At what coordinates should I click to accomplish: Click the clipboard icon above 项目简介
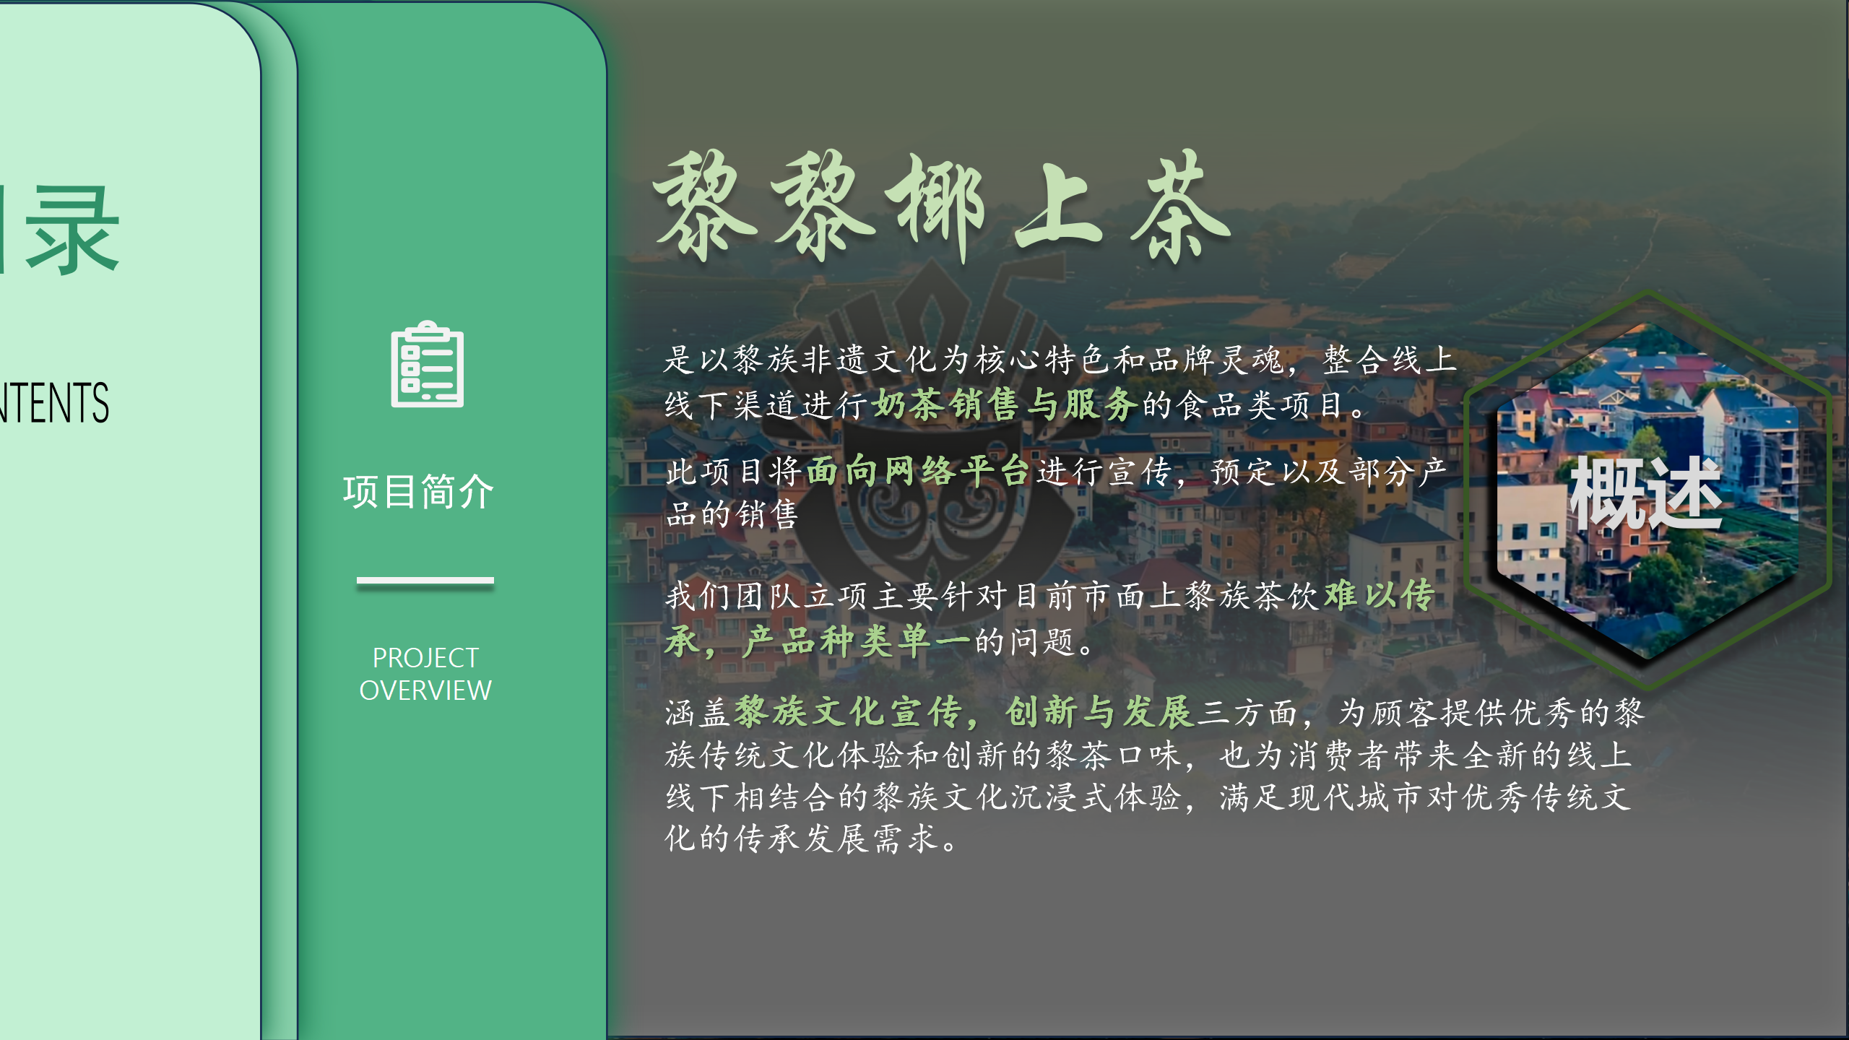428,364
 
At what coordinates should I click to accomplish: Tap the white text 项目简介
419,492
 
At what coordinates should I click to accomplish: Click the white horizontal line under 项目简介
425,580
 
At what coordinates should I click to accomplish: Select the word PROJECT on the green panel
425,658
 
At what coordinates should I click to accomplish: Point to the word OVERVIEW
425,690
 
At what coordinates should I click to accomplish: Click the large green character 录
72,230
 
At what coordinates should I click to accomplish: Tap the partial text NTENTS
55,402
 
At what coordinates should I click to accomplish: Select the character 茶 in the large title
1179,207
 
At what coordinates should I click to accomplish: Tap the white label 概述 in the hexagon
1647,493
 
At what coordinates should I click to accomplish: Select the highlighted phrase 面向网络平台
917,471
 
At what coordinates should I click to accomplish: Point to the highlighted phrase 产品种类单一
857,641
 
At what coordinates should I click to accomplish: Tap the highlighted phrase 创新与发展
1099,712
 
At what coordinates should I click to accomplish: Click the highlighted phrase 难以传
1380,596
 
